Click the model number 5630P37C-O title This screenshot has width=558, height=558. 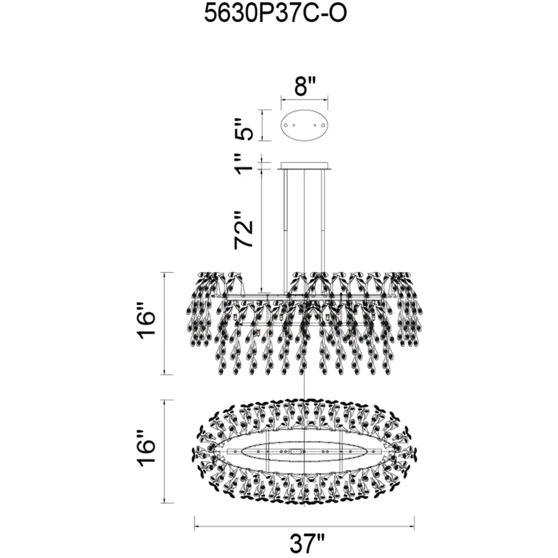[x=275, y=15]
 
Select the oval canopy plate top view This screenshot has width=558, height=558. [x=305, y=125]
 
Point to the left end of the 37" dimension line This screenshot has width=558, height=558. [x=195, y=527]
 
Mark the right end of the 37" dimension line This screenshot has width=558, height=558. [x=414, y=527]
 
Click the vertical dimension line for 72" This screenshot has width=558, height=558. [x=262, y=231]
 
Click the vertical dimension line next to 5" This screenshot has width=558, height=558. [x=262, y=125]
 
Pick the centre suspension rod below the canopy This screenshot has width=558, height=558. [x=305, y=231]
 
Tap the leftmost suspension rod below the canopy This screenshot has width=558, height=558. [x=286, y=231]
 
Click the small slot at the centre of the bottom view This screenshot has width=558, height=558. [x=296, y=451]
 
